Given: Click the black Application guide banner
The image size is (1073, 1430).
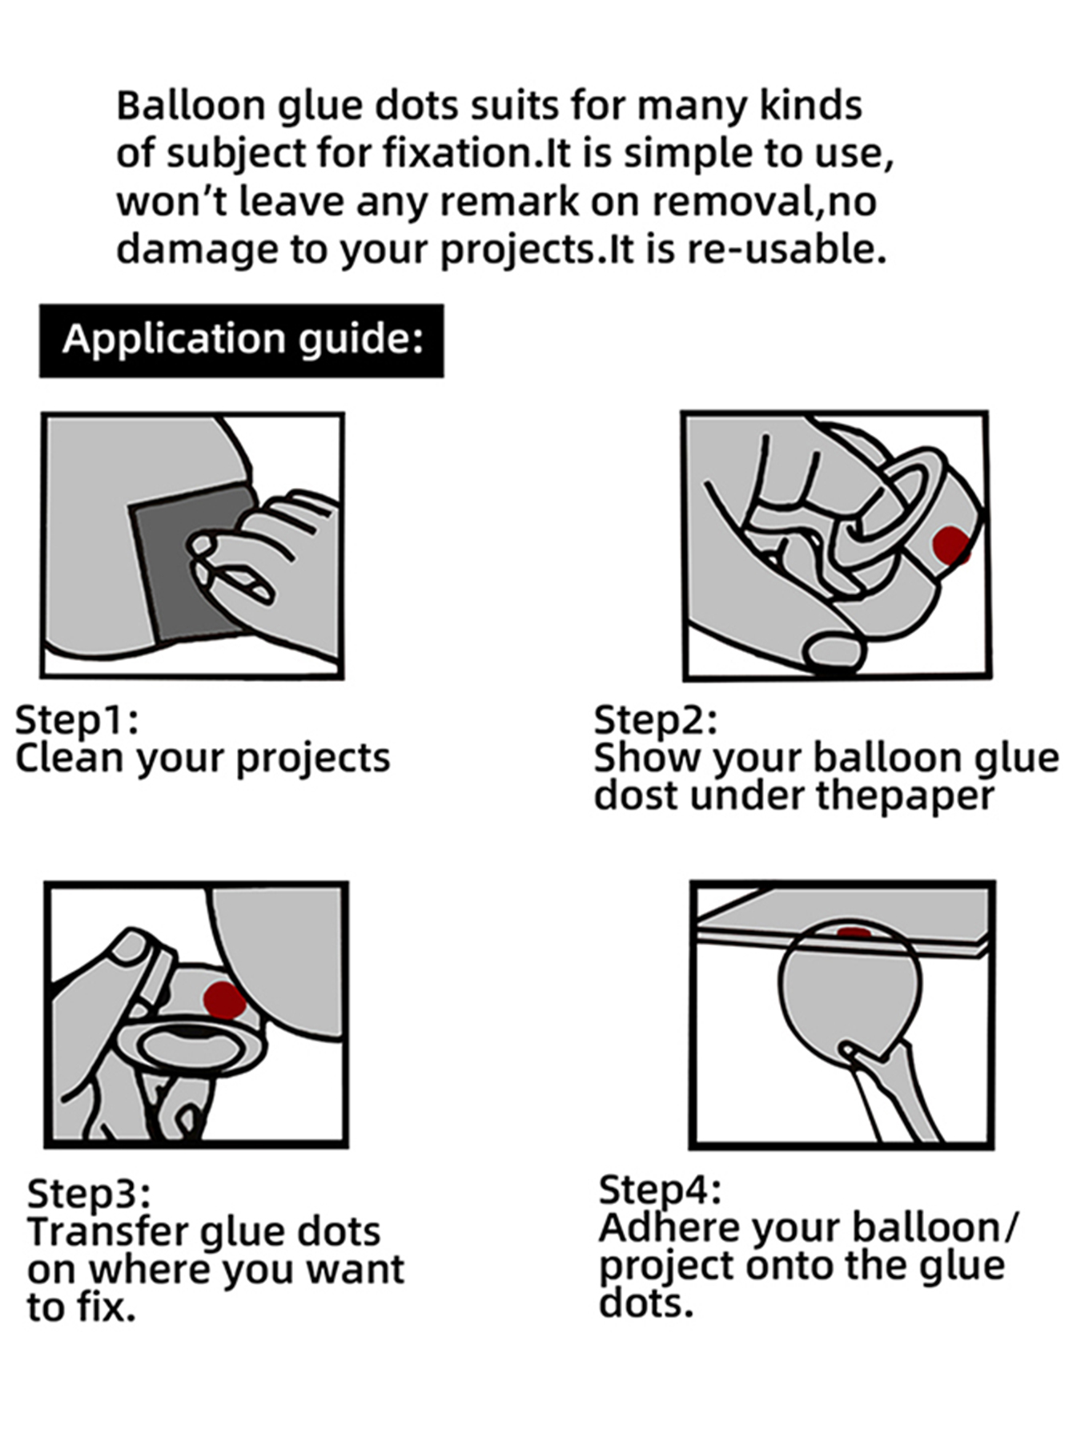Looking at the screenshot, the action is click(x=241, y=340).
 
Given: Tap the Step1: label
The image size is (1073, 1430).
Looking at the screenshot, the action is click(x=77, y=720).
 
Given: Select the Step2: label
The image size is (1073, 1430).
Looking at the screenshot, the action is click(x=655, y=720).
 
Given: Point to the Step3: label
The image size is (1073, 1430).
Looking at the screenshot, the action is click(x=88, y=1194).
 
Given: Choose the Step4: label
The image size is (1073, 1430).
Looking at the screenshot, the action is click(x=660, y=1190).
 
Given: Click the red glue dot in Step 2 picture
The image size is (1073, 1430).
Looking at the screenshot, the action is click(x=951, y=546).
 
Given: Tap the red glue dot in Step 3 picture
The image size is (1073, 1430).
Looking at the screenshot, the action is click(x=223, y=1001).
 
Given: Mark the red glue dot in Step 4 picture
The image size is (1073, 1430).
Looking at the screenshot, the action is click(x=854, y=933).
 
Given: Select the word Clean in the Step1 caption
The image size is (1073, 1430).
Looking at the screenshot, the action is click(x=69, y=758).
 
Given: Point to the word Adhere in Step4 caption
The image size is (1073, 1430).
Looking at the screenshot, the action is click(x=669, y=1227).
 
